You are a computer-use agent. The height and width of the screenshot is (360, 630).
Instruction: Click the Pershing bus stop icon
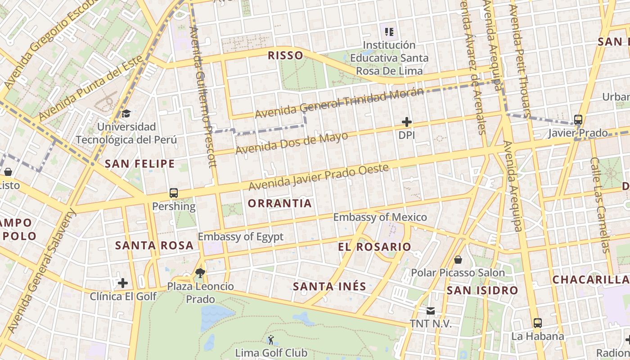[x=174, y=193]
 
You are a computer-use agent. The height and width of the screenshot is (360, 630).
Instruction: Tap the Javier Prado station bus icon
[x=578, y=120]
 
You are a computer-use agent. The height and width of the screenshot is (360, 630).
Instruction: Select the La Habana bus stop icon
[x=537, y=323]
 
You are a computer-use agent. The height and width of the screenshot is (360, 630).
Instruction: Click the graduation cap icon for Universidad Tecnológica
[x=126, y=113]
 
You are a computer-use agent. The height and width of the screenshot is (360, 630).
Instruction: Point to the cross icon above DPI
[x=407, y=122]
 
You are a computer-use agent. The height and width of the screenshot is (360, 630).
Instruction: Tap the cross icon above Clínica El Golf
[x=123, y=283]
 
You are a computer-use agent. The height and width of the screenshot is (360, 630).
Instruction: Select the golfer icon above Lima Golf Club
[x=271, y=340]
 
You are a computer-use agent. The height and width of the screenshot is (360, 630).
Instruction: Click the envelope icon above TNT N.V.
[x=431, y=310]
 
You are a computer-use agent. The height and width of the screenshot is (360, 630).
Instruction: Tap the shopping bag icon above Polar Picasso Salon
[x=458, y=260]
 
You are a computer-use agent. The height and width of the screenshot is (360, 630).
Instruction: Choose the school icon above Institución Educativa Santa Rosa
[x=389, y=31]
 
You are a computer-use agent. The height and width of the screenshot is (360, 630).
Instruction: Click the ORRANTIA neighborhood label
[x=279, y=203]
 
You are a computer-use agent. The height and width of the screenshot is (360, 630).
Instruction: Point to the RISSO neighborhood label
[x=285, y=56]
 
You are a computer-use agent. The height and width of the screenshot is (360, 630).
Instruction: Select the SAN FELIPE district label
[x=139, y=164]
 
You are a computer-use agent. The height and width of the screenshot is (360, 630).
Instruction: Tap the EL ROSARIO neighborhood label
[x=374, y=247]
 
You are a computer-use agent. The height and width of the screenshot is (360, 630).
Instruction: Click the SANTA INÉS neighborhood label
[x=329, y=286]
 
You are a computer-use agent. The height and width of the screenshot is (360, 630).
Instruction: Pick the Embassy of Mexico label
[x=380, y=217]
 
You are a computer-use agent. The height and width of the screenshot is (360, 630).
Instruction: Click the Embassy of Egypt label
[x=241, y=237]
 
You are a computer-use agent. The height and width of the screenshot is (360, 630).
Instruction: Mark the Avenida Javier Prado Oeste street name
[x=318, y=177]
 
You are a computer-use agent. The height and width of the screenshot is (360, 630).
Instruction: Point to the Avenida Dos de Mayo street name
[x=292, y=143]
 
